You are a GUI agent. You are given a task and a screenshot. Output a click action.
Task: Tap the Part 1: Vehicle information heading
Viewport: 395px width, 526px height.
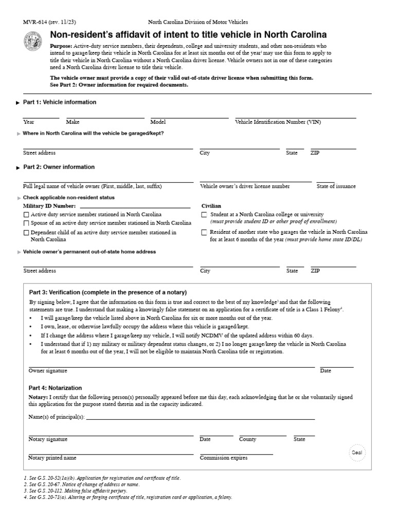pyautogui.click(x=59, y=102)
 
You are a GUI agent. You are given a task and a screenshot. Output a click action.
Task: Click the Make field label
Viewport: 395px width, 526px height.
pyautogui.click(x=73, y=122)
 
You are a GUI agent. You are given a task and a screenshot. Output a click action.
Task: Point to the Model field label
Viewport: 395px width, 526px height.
pyautogui.click(x=158, y=122)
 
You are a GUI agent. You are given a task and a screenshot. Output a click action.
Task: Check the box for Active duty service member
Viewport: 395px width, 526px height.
pyautogui.click(x=26, y=214)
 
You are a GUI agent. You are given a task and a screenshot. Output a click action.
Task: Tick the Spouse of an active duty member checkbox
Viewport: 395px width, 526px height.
pyautogui.click(x=26, y=223)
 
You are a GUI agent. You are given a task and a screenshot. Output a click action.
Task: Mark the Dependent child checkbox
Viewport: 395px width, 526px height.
pyautogui.click(x=26, y=233)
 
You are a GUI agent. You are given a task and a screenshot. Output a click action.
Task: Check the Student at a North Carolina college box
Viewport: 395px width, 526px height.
pyautogui.click(x=204, y=214)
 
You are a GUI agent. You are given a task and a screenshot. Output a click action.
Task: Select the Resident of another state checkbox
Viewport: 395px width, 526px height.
pyautogui.click(x=204, y=233)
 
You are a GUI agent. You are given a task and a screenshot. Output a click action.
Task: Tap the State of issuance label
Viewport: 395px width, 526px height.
pyautogui.click(x=336, y=186)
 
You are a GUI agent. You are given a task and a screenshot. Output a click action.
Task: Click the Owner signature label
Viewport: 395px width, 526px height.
pyautogui.click(x=48, y=370)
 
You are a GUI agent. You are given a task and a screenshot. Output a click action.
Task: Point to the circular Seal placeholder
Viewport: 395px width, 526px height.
pyautogui.click(x=357, y=453)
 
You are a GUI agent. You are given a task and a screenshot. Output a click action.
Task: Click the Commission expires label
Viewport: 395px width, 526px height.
pyautogui.click(x=223, y=458)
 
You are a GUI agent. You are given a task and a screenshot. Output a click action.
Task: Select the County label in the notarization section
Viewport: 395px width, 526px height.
pyautogui.click(x=247, y=439)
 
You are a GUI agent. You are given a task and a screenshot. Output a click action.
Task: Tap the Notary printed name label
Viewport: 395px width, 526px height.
pyautogui.click(x=52, y=458)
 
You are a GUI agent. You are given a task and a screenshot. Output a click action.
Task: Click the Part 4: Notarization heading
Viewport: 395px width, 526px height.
pyautogui.click(x=55, y=388)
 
